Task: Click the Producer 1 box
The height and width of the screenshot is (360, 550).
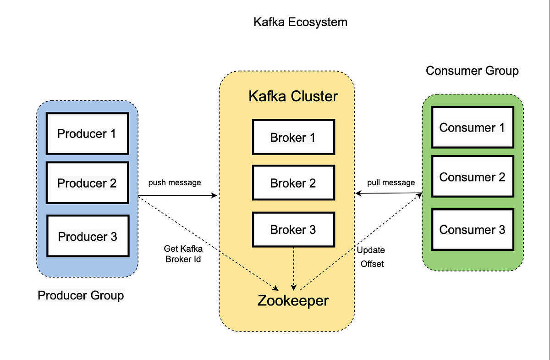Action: [87, 133]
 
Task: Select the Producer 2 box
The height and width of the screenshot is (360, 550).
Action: [87, 183]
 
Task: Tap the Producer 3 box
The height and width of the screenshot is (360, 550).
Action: [87, 236]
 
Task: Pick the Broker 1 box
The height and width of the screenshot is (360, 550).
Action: [293, 137]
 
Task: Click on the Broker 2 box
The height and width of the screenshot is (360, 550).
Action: [293, 183]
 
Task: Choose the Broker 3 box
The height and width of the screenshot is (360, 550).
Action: [293, 229]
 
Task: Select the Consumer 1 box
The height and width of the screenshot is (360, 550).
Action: [472, 127]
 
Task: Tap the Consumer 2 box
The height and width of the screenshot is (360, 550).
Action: [472, 177]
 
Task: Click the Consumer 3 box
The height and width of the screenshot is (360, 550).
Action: [472, 229]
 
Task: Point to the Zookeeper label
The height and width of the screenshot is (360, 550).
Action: [293, 301]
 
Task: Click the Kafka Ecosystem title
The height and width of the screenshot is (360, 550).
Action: [300, 22]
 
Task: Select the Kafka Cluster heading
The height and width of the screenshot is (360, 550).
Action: [293, 97]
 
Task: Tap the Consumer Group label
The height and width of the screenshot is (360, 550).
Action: [472, 71]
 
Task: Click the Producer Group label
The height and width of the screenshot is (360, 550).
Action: [81, 295]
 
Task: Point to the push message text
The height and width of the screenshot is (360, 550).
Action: [175, 183]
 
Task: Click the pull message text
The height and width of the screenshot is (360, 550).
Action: [391, 183]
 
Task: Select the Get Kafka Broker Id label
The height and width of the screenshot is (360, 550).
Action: [183, 254]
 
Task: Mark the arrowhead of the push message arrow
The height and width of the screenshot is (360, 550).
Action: [214, 195]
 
